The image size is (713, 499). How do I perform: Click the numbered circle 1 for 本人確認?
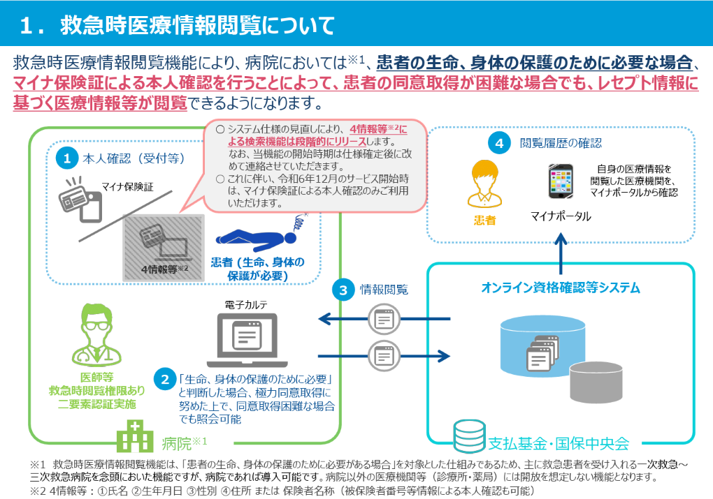click(67, 158)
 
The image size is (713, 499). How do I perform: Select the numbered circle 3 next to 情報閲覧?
click(343, 289)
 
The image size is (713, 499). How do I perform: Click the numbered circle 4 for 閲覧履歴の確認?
click(499, 144)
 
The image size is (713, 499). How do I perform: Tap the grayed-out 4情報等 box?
click(164, 247)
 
